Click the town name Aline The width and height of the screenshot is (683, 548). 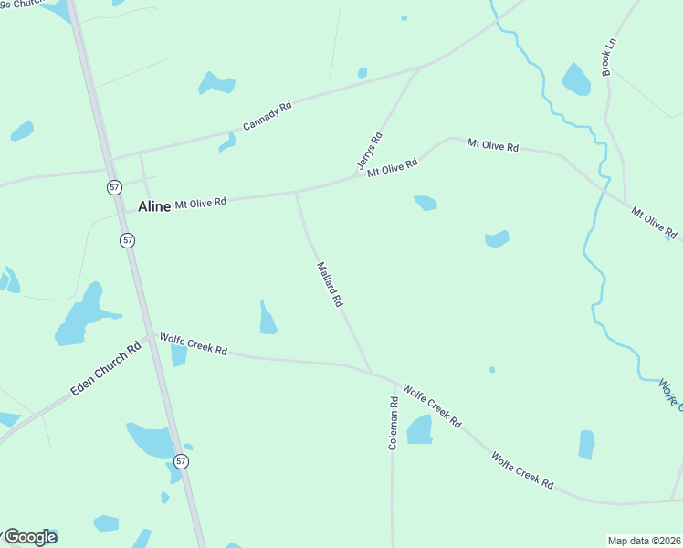point(153,206)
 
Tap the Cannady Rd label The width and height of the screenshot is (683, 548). point(267,115)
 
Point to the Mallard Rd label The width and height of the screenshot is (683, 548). point(329,284)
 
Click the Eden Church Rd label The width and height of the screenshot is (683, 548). point(107,368)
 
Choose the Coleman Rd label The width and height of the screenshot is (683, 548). point(393,423)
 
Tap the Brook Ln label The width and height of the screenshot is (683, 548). point(607,57)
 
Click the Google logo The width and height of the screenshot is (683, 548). point(29,537)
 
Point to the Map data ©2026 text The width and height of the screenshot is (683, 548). point(644,541)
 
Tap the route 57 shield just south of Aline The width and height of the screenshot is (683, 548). point(127,239)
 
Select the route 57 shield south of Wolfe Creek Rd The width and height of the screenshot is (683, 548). point(182,461)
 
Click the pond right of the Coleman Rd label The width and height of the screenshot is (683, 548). point(419,428)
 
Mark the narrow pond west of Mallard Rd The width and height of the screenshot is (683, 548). point(267,319)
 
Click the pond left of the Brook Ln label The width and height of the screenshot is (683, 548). point(576,79)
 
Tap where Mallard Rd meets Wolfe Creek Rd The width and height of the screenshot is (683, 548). point(372,373)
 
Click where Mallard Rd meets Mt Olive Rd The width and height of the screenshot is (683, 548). point(296,192)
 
